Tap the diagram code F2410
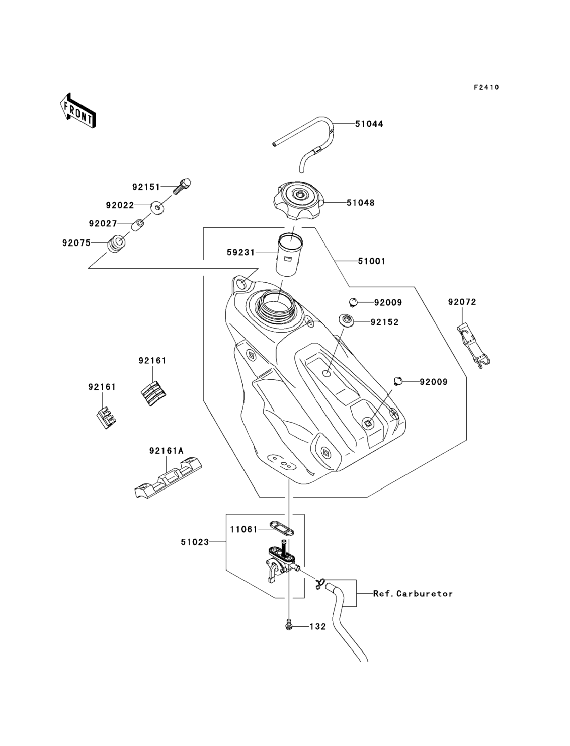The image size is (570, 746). pyautogui.click(x=486, y=87)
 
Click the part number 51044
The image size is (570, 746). pyautogui.click(x=369, y=124)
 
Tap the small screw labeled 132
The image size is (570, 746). pyautogui.click(x=289, y=625)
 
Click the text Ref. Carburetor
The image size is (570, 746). pyautogui.click(x=413, y=594)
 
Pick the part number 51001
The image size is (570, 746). pyautogui.click(x=372, y=261)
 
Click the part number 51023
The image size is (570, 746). pyautogui.click(x=195, y=542)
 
